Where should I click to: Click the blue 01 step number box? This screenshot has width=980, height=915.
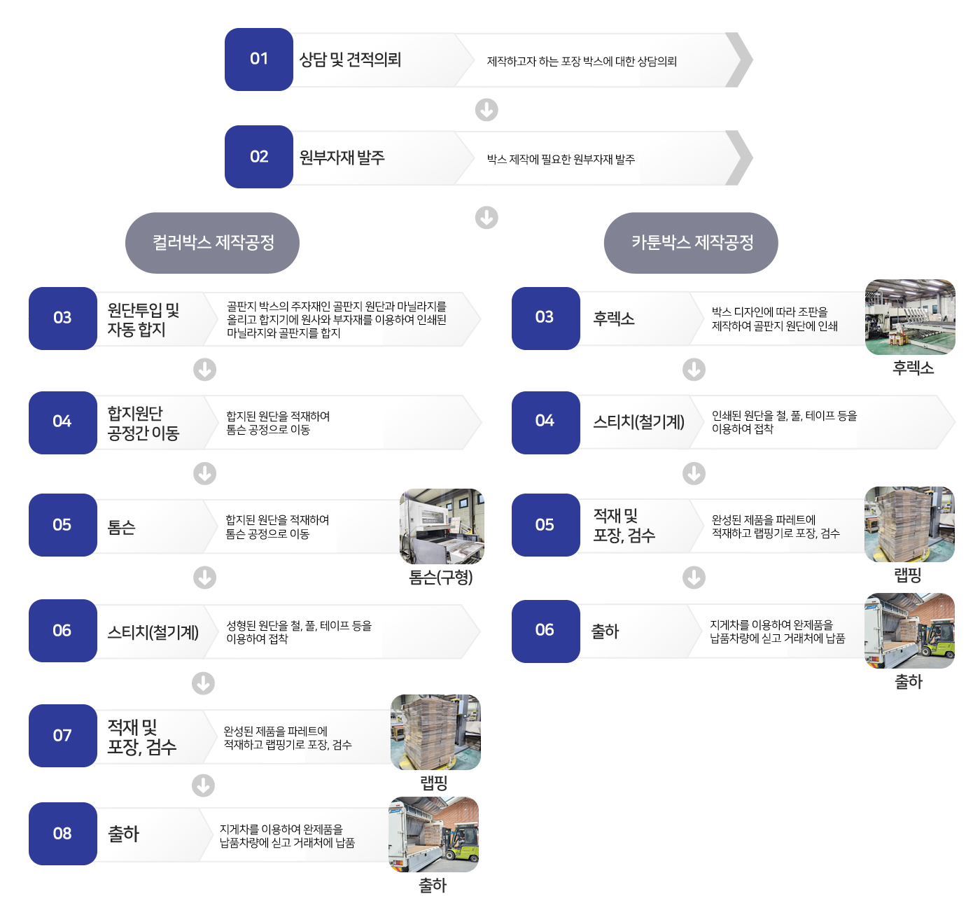[258, 60]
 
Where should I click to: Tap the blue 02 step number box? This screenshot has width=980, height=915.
[258, 157]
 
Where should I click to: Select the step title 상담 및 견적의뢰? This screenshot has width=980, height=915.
[350, 60]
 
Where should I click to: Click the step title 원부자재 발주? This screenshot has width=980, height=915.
[342, 158]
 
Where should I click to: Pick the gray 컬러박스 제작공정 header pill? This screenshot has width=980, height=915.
[212, 243]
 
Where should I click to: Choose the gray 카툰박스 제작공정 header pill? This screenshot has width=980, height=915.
[691, 243]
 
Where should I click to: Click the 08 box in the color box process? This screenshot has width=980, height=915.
[62, 834]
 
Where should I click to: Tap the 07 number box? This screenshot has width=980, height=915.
[62, 736]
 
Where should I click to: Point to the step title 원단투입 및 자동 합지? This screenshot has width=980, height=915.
[143, 319]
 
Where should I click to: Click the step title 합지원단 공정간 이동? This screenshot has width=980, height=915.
[143, 423]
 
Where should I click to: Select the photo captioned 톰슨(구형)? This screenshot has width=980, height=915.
[442, 526]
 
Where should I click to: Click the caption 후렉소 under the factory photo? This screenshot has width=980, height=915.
[913, 368]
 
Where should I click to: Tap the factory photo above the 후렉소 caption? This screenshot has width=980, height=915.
[910, 317]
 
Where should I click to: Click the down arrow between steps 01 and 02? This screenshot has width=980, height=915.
[486, 110]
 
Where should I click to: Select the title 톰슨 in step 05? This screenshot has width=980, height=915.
[121, 527]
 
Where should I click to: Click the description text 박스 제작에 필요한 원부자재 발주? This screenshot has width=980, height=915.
[561, 160]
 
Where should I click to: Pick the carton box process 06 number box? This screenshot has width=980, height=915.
[545, 631]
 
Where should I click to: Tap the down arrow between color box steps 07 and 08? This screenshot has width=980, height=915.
[204, 785]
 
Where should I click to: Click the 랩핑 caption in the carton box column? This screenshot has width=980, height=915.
[908, 575]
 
